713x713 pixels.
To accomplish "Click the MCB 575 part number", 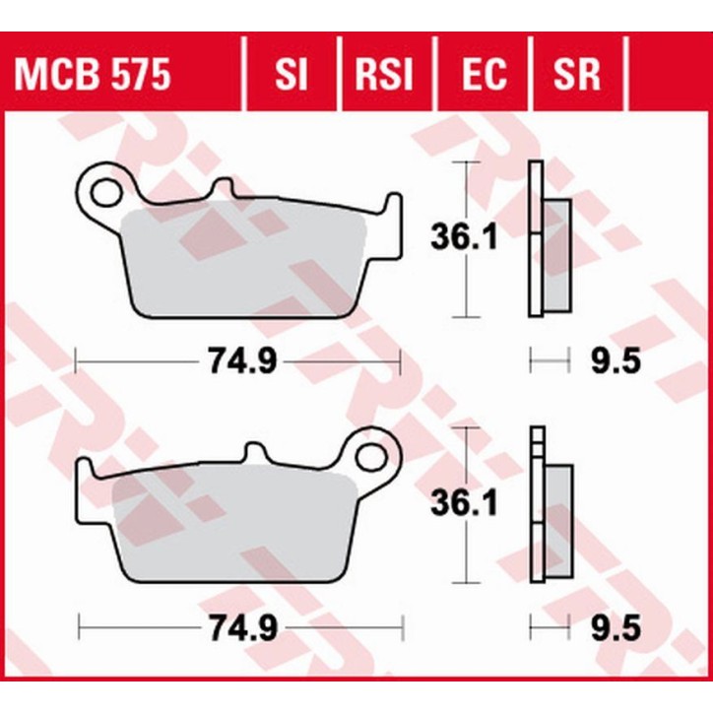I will pyautogui.click(x=91, y=74).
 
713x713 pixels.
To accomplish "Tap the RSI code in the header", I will pyautogui.click(x=385, y=74).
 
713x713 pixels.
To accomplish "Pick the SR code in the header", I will pyautogui.click(x=577, y=74).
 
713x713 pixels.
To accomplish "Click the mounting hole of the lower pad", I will pyautogui.click(x=373, y=456).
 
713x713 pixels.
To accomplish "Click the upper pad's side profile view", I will pyautogui.click(x=547, y=238).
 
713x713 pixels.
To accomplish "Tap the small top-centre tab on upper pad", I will pyautogui.click(x=224, y=188).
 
